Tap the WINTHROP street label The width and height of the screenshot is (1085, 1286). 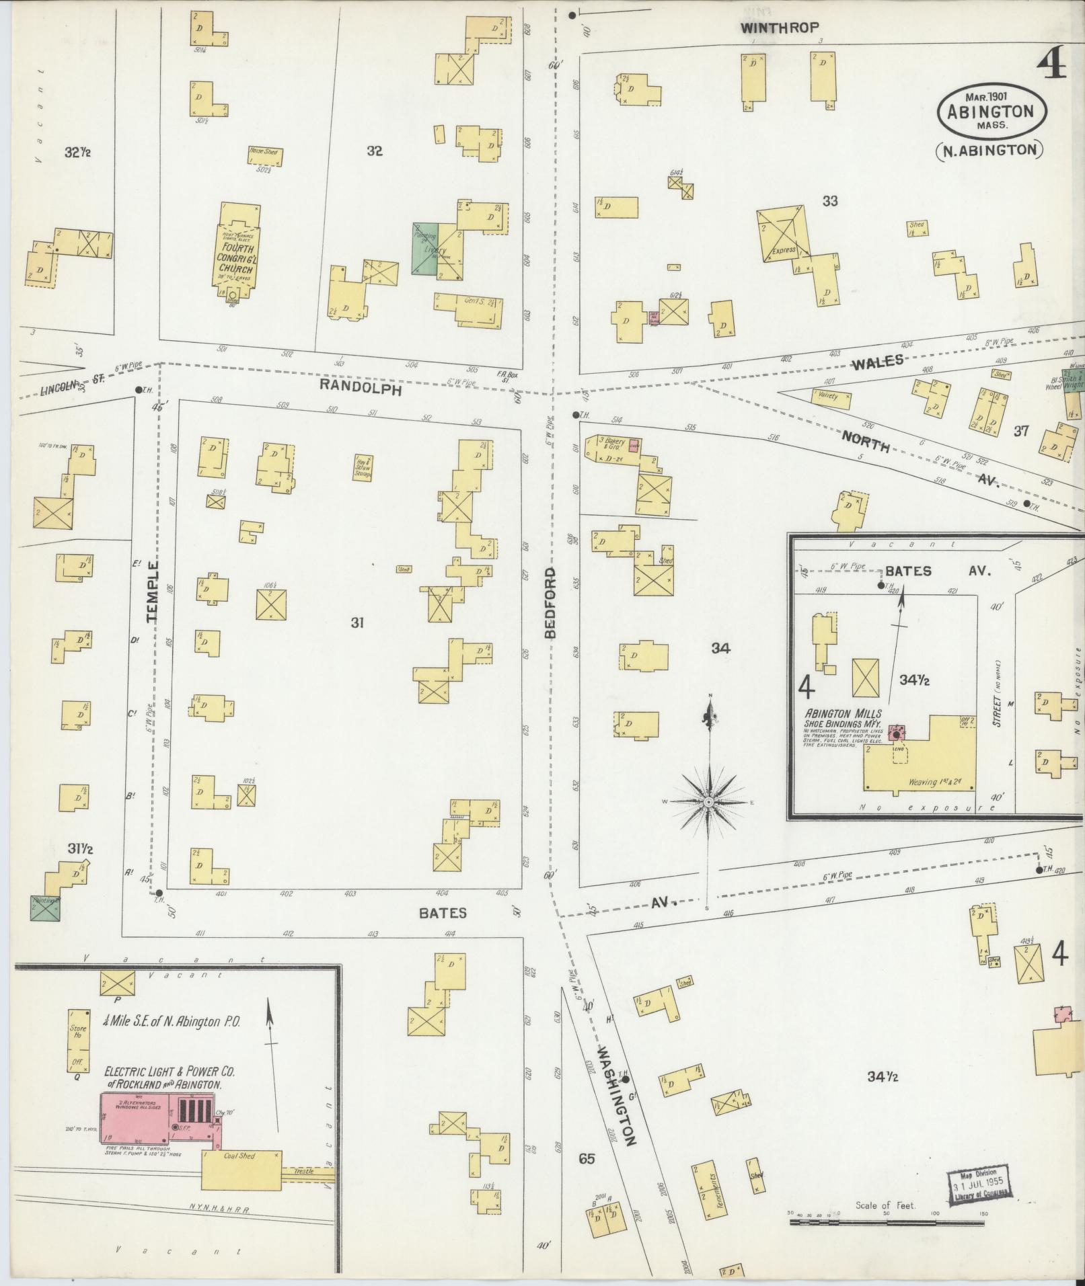[780, 28]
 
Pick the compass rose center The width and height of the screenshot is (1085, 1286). [708, 803]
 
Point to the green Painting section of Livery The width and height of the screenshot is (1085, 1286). [424, 249]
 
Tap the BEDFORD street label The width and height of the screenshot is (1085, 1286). [550, 602]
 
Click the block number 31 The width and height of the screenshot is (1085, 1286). [357, 623]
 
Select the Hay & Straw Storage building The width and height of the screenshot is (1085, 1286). [364, 467]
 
